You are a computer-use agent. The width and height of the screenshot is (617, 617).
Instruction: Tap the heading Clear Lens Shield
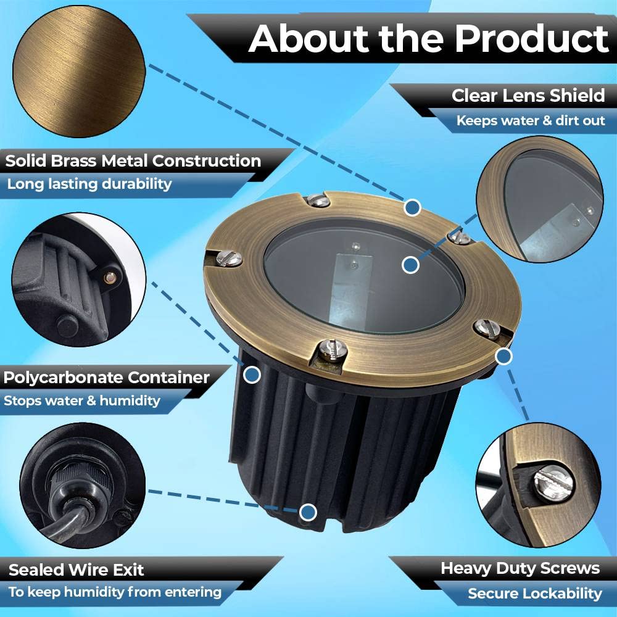[528, 96]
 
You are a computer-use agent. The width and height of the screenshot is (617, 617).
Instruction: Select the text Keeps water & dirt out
[531, 120]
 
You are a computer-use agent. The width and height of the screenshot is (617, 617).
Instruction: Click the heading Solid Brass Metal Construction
[133, 161]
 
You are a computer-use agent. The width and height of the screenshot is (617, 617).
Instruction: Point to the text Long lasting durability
[89, 184]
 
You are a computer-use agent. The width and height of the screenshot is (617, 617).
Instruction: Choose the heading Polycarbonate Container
[106, 378]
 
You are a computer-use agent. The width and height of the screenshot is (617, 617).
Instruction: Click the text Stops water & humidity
[82, 400]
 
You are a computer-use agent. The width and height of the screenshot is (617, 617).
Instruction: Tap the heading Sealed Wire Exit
[77, 569]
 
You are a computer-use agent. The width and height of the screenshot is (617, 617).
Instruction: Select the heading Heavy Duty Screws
[520, 568]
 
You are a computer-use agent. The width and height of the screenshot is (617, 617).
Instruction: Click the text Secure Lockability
[535, 594]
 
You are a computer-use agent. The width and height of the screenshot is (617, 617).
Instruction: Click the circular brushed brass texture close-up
[79, 72]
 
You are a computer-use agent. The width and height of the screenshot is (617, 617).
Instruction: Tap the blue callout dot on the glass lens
[410, 265]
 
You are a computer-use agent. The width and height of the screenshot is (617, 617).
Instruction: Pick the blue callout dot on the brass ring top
[412, 207]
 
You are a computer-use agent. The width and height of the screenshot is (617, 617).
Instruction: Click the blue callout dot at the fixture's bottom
[308, 512]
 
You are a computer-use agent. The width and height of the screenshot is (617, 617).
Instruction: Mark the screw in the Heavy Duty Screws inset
[553, 482]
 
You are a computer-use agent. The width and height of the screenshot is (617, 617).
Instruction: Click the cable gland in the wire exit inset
[80, 488]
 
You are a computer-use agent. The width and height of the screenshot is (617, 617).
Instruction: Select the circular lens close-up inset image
[540, 199]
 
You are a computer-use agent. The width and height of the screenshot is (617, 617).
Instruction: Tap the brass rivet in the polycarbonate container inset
[110, 278]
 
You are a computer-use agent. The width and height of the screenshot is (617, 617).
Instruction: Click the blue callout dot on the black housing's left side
[252, 375]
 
